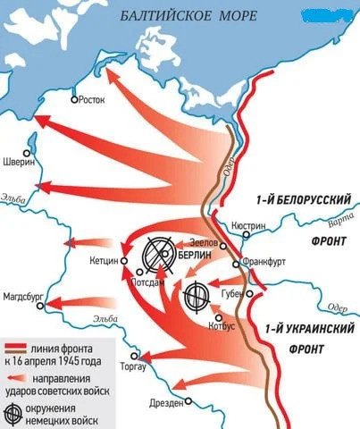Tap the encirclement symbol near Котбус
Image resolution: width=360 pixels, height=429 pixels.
pyautogui.click(x=196, y=296)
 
